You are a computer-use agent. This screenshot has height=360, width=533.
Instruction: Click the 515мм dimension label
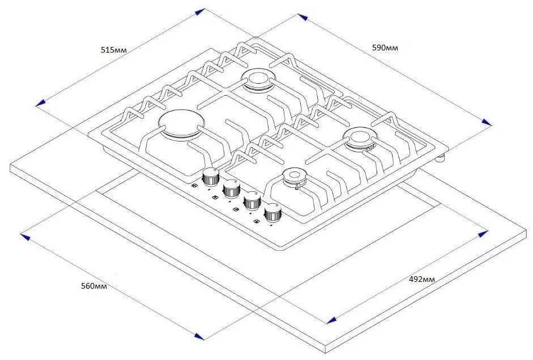click(113, 50)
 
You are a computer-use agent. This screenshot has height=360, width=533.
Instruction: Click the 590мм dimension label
click(385, 48)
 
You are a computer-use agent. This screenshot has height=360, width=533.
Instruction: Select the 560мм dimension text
click(94, 286)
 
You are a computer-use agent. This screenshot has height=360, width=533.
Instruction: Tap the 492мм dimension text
click(421, 279)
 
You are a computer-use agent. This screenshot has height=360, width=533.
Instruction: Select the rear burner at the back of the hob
click(258, 80)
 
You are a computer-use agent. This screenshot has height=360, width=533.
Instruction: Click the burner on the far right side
click(360, 139)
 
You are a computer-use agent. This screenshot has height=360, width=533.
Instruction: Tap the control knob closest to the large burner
click(211, 177)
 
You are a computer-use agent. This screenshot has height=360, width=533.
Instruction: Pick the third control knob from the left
click(253, 201)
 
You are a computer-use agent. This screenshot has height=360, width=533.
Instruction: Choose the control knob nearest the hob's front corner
click(274, 213)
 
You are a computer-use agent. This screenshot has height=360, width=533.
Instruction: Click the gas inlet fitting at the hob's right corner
click(441, 158)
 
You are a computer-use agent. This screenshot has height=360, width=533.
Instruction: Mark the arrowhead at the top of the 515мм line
click(200, 12)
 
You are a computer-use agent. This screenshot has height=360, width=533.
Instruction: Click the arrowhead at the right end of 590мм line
click(487, 122)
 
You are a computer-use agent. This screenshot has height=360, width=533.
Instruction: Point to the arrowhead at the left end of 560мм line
click(25, 237)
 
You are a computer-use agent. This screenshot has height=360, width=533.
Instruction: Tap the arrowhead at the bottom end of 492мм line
click(331, 320)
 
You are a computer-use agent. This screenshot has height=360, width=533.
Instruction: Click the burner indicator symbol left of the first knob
click(194, 186)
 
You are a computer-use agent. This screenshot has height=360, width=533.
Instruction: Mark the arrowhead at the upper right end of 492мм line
click(483, 234)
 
